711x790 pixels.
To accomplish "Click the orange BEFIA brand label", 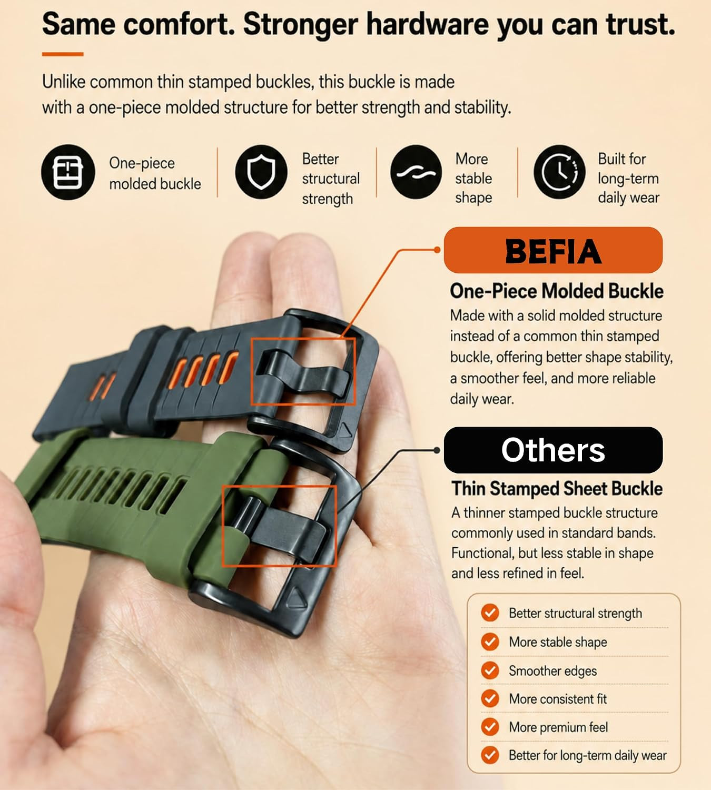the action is click(553, 250).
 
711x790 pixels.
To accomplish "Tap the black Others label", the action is click(553, 450).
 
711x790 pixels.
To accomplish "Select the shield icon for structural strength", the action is click(261, 172).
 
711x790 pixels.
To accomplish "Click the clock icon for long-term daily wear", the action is click(559, 172).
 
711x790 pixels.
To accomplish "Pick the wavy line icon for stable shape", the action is click(416, 172).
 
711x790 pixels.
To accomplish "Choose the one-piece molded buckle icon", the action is click(68, 172).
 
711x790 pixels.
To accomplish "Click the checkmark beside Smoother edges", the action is click(490, 670).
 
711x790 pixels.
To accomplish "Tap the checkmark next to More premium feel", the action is click(490, 727).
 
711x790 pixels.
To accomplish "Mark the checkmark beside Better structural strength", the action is click(490, 613).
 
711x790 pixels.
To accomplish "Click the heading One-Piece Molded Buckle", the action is click(557, 291).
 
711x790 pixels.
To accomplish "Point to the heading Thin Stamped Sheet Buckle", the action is click(557, 489).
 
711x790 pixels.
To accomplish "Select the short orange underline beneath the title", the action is click(63, 54).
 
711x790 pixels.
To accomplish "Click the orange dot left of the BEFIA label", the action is click(437, 250).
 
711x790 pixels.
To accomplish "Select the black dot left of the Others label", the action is click(437, 450).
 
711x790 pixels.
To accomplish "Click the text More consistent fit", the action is click(558, 699).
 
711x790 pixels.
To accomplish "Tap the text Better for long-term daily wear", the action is click(588, 755).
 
